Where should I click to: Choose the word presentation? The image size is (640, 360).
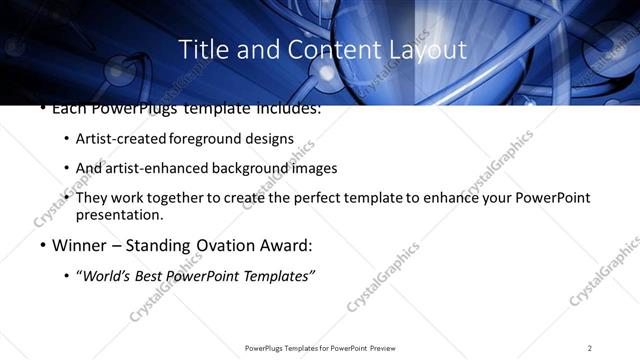click(120, 214)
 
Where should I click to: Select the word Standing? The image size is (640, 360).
click(155, 245)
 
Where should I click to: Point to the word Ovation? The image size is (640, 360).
click(224, 245)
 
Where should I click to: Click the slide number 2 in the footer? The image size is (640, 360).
click(590, 348)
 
